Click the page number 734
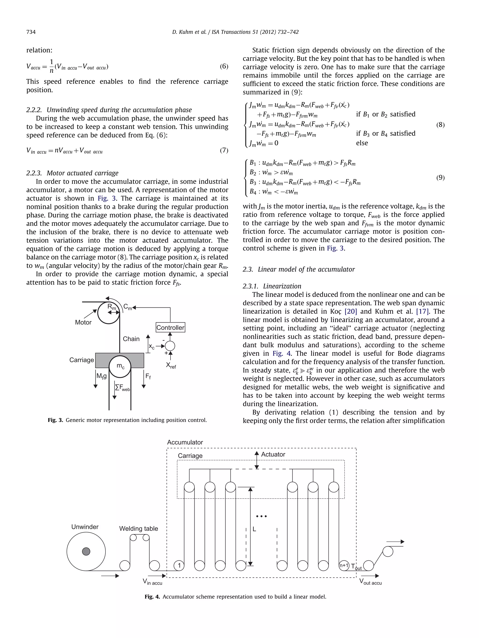[31, 32]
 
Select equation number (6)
[224, 66]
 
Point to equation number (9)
[440, 177]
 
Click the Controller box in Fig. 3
[170, 327]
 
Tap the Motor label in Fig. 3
[83, 322]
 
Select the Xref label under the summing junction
[171, 365]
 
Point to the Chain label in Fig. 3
[131, 339]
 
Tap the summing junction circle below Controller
[170, 346]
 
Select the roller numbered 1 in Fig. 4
[179, 565]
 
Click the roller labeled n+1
[344, 565]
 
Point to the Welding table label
[139, 528]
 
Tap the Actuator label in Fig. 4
[273, 454]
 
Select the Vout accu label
[370, 582]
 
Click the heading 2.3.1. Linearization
[272, 286]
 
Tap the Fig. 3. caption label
[55, 420]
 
